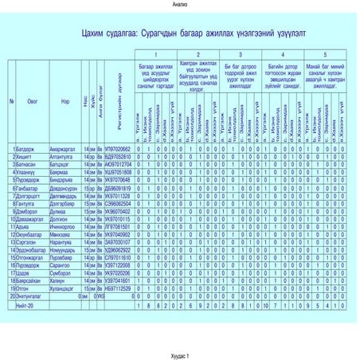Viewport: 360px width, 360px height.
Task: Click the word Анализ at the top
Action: (179, 5)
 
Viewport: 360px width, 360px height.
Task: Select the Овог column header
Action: (33, 103)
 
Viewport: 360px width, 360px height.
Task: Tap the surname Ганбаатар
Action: (25, 188)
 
